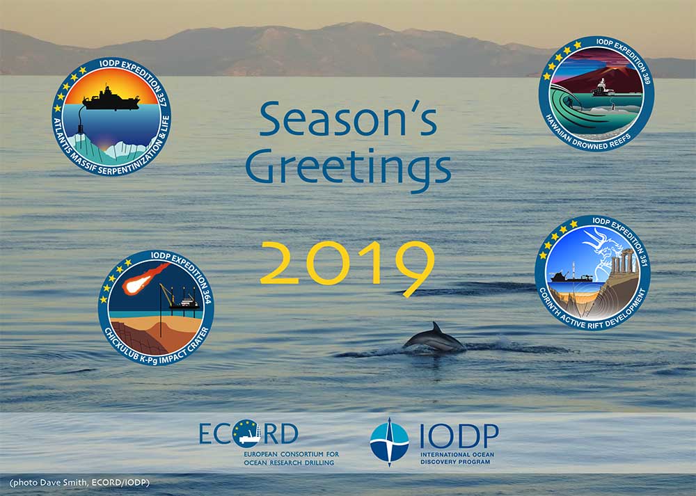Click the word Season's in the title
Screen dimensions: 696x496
(348, 119)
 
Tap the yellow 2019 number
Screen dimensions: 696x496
(347, 266)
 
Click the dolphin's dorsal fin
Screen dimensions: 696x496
(437, 328)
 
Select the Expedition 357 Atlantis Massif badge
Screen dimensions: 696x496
(111, 116)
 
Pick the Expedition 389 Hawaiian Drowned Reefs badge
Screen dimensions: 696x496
(596, 94)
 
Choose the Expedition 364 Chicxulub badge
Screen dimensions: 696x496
(156, 308)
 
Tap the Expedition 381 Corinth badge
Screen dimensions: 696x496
(592, 273)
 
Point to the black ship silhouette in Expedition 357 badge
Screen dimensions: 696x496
(111, 99)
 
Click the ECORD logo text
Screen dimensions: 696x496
(248, 433)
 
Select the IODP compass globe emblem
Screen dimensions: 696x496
(389, 442)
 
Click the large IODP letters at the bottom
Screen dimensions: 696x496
(459, 436)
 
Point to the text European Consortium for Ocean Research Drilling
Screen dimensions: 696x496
(291, 458)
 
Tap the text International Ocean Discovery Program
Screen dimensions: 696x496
(457, 458)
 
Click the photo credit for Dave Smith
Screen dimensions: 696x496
(79, 483)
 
